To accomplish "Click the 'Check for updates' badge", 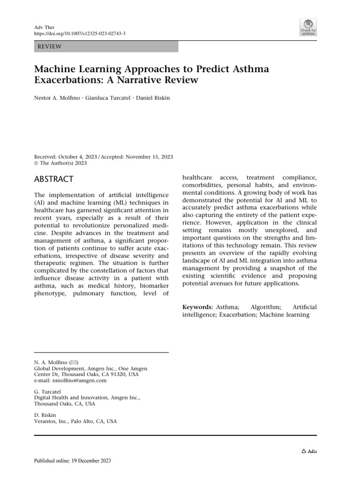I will point(307,27).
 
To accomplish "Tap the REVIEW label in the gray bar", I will point(49,46).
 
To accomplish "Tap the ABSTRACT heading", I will point(54,179).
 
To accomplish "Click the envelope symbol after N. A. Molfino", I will point(74,362).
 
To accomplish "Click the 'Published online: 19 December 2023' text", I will point(73,461).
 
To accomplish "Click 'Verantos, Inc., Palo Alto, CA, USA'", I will point(76,421).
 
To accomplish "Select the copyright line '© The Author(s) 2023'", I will point(61,164).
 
